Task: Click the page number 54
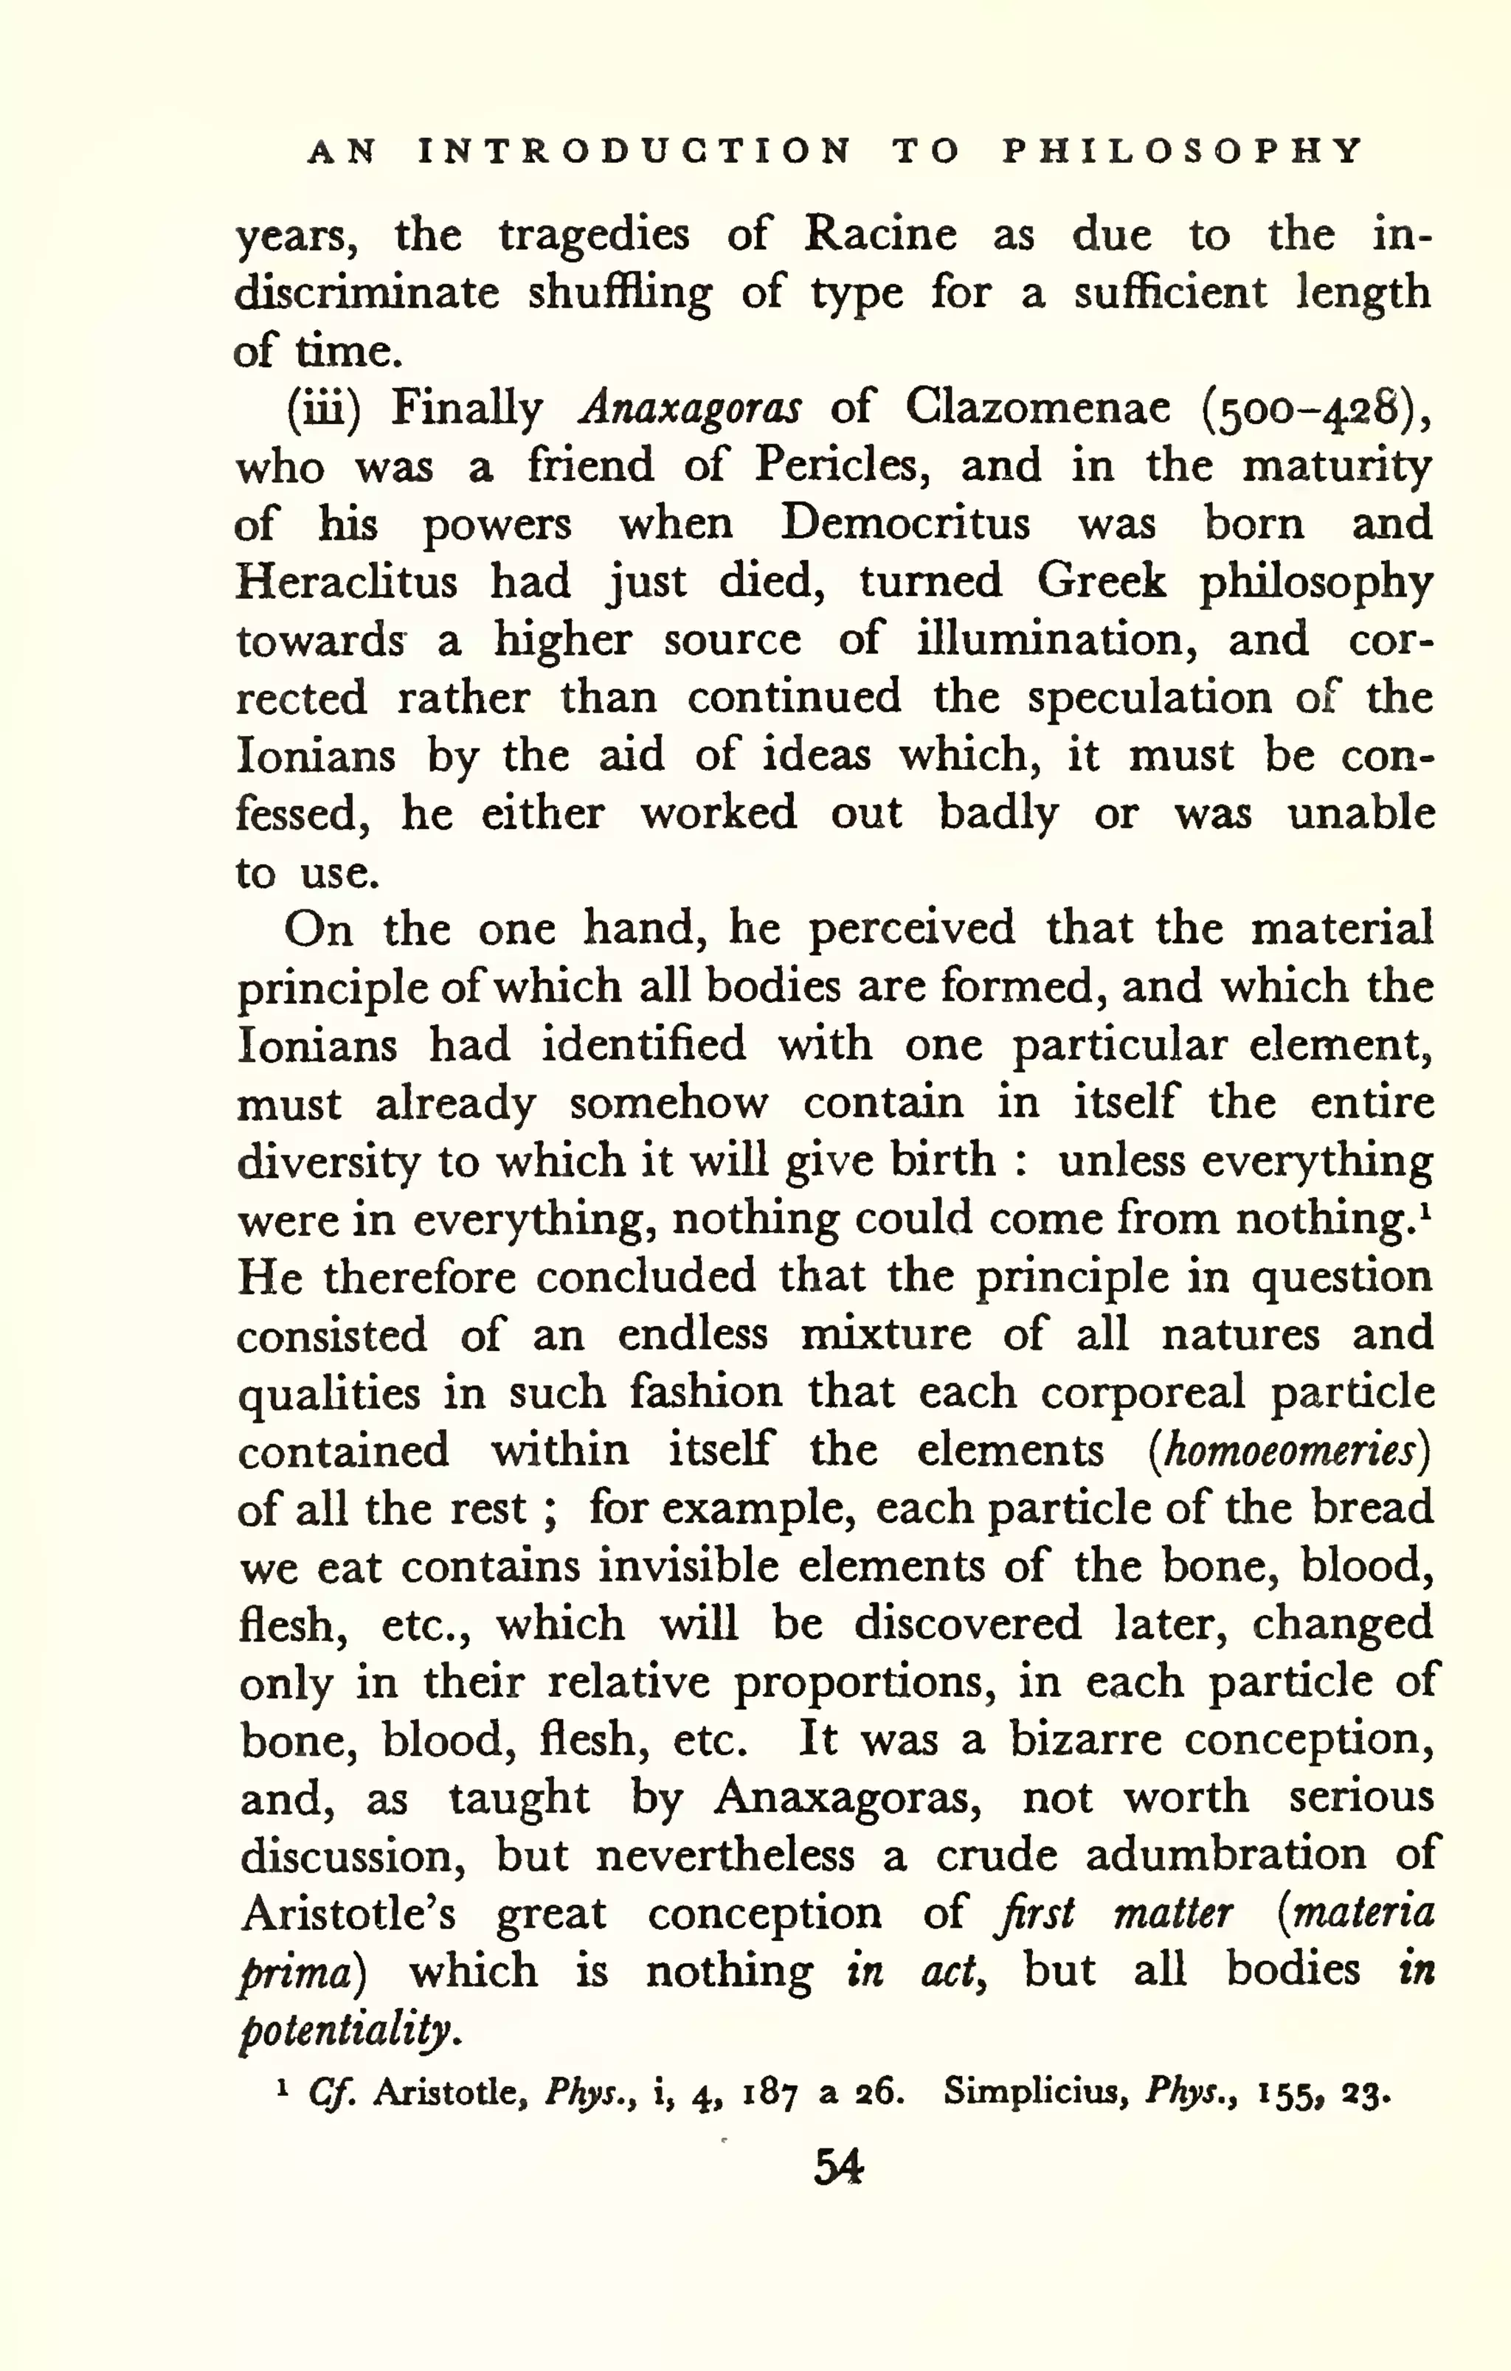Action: (x=838, y=2167)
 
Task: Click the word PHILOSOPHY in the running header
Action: (x=1182, y=150)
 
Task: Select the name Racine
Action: (x=879, y=235)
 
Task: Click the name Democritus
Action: (x=905, y=524)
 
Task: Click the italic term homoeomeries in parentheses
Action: (x=1290, y=1452)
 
